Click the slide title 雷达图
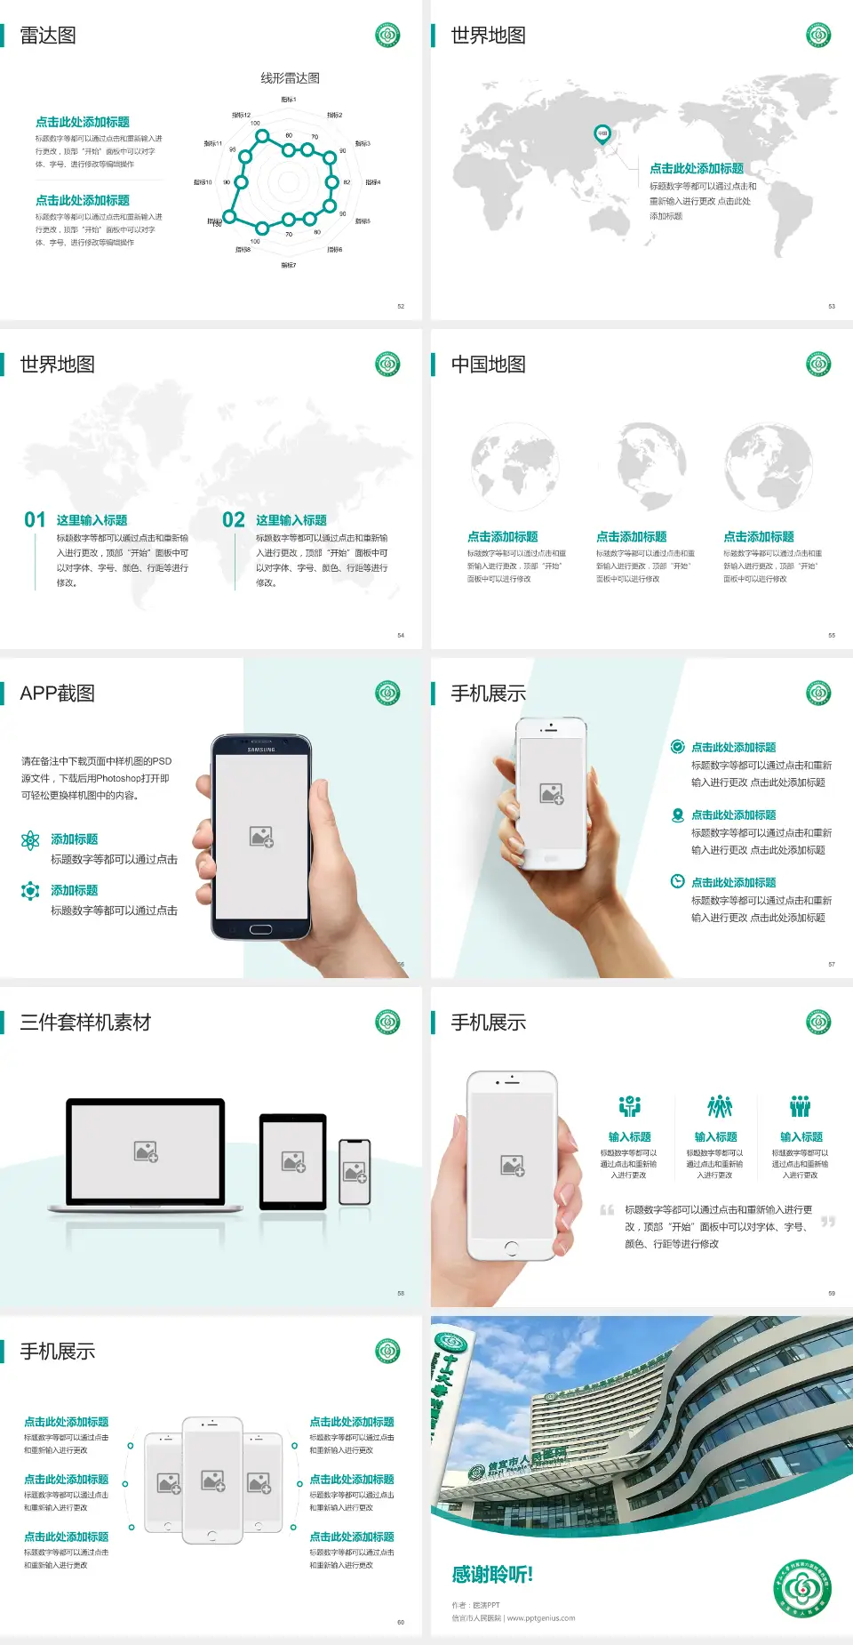48,36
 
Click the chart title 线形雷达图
290,78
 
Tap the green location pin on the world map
602,134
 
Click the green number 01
35,520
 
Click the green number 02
234,520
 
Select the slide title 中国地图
488,365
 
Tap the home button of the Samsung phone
260,929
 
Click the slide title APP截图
57,694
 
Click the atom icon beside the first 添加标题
30,840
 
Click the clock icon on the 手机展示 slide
677,881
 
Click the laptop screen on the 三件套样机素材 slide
146,1151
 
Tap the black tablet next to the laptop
292,1161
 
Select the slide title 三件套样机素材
85,1023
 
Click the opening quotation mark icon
607,1210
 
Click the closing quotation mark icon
828,1222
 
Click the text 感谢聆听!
492,1575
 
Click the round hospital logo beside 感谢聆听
802,1588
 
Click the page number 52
401,306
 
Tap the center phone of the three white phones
212,1480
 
